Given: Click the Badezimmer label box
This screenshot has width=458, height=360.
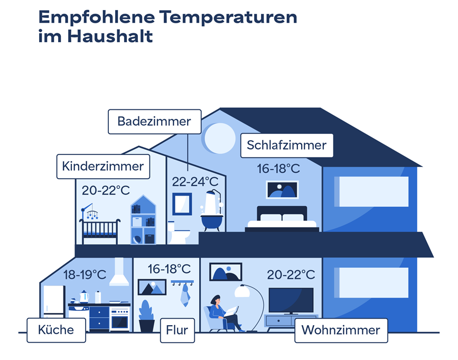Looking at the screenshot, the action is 155,122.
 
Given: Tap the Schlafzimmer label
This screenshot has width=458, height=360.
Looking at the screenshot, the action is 287,145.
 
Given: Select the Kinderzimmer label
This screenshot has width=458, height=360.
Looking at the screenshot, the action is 103,167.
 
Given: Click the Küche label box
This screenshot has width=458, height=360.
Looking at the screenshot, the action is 56,330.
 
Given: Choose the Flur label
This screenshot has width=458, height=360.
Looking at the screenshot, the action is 177,330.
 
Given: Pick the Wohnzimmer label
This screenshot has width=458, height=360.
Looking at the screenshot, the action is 341,330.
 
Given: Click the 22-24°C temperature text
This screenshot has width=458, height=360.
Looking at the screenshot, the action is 195,182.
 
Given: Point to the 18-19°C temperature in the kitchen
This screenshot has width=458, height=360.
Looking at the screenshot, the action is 85,275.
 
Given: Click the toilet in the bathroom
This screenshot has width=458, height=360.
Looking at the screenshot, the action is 178,233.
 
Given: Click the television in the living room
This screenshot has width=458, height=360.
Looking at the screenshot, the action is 291,301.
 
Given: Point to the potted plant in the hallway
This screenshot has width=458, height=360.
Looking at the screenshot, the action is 147,316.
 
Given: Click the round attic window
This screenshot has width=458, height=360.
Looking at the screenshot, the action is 220,138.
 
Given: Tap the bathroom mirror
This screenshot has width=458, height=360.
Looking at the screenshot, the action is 182,204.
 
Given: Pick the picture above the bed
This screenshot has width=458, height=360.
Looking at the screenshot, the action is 282,190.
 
